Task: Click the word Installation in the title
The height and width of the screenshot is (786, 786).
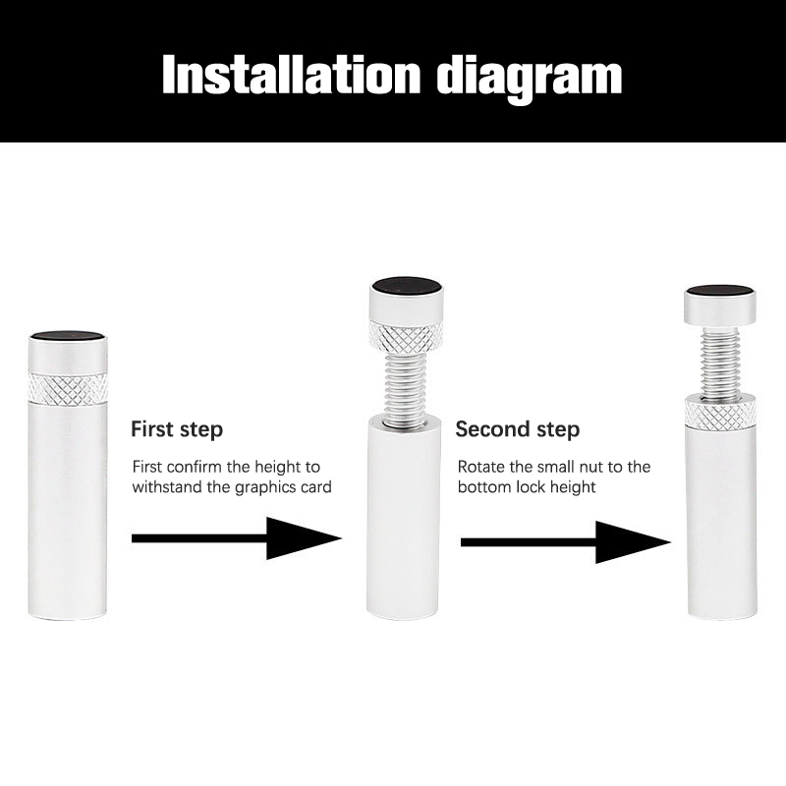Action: point(291,75)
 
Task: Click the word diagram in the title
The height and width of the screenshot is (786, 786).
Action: point(530,79)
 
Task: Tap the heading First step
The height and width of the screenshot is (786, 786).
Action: point(177,430)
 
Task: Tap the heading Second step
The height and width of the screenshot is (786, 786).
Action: point(518,430)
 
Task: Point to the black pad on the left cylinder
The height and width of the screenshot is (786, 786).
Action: point(68,336)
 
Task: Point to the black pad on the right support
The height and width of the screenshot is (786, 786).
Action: point(720,291)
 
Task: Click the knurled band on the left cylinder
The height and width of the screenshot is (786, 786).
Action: point(68,388)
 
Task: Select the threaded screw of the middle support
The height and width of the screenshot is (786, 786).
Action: point(406,385)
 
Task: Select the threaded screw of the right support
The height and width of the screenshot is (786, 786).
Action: point(720,362)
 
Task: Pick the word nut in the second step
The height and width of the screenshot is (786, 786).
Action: point(589,468)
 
